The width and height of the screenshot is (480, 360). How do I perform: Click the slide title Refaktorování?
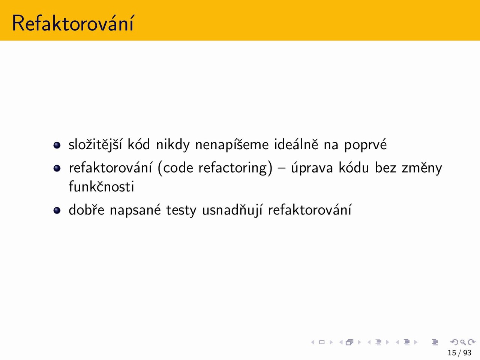[x=73, y=23]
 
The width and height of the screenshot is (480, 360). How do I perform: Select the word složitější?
[x=95, y=144]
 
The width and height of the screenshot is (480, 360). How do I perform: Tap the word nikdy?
[x=173, y=144]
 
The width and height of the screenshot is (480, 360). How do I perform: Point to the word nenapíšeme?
[x=232, y=144]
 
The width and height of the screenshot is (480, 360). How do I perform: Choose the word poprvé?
[x=365, y=145]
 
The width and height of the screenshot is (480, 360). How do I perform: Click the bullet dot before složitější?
[x=57, y=145]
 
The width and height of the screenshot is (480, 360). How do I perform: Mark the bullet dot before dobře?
[x=57, y=210]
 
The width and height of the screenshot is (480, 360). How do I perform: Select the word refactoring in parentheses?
[x=233, y=168]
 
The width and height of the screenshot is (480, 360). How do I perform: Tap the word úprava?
[x=312, y=168]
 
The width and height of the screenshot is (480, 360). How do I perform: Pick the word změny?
[x=422, y=168]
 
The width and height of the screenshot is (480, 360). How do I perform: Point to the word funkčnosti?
[x=101, y=186]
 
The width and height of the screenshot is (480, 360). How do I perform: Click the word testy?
[x=181, y=210]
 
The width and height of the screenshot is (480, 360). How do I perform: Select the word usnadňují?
[x=232, y=210]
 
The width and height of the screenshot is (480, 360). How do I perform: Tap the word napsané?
[x=135, y=210]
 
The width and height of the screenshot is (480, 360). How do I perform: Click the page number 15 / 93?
[x=459, y=352]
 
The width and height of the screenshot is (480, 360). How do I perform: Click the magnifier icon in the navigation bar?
[x=463, y=342]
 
